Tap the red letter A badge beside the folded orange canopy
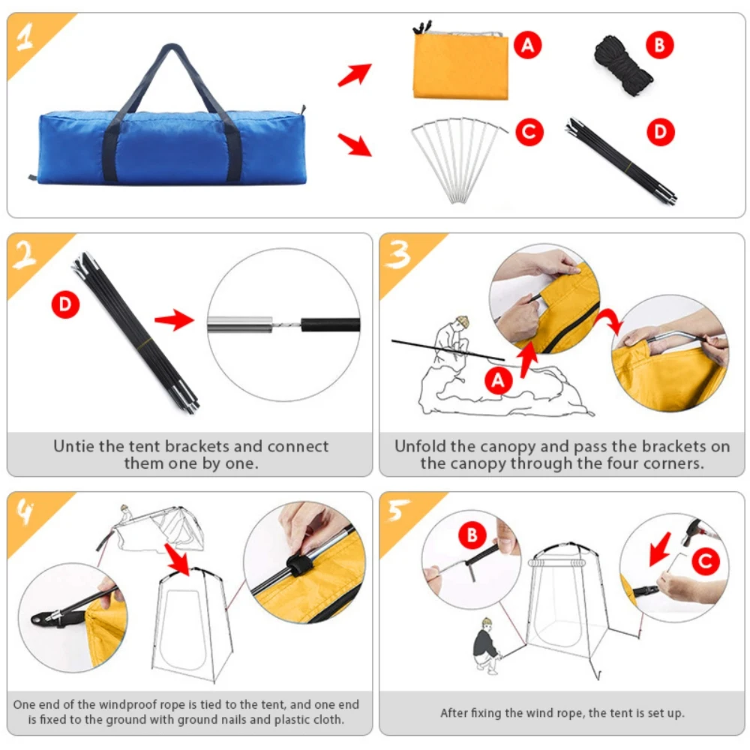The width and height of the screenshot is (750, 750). (527, 45)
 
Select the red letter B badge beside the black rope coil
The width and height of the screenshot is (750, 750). (659, 45)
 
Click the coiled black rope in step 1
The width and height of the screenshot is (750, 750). (622, 65)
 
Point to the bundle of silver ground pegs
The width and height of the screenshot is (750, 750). (459, 160)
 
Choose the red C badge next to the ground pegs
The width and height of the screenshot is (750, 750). (529, 131)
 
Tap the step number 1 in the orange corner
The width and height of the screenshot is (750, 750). (25, 37)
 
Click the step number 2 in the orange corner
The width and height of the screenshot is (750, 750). (25, 254)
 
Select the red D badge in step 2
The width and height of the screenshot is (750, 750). (65, 304)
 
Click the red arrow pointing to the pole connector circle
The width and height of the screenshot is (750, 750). (175, 319)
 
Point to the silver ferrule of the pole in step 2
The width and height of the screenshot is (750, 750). (240, 325)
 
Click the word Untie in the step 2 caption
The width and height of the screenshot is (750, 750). (74, 446)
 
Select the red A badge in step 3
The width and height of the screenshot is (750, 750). (499, 380)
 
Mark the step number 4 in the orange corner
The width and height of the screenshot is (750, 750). (25, 512)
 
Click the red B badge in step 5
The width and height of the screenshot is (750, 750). (472, 535)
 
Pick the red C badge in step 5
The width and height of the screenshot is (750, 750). (706, 561)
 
